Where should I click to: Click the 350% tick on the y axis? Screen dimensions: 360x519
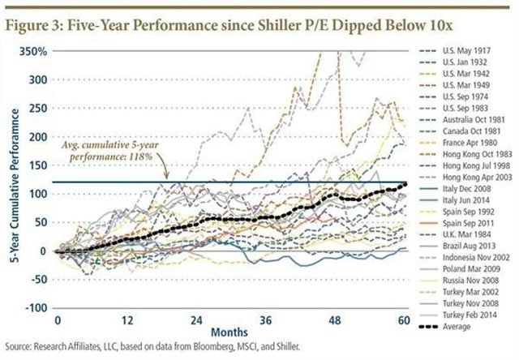coord(32,51)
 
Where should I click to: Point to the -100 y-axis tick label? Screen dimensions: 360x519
coord(33,308)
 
